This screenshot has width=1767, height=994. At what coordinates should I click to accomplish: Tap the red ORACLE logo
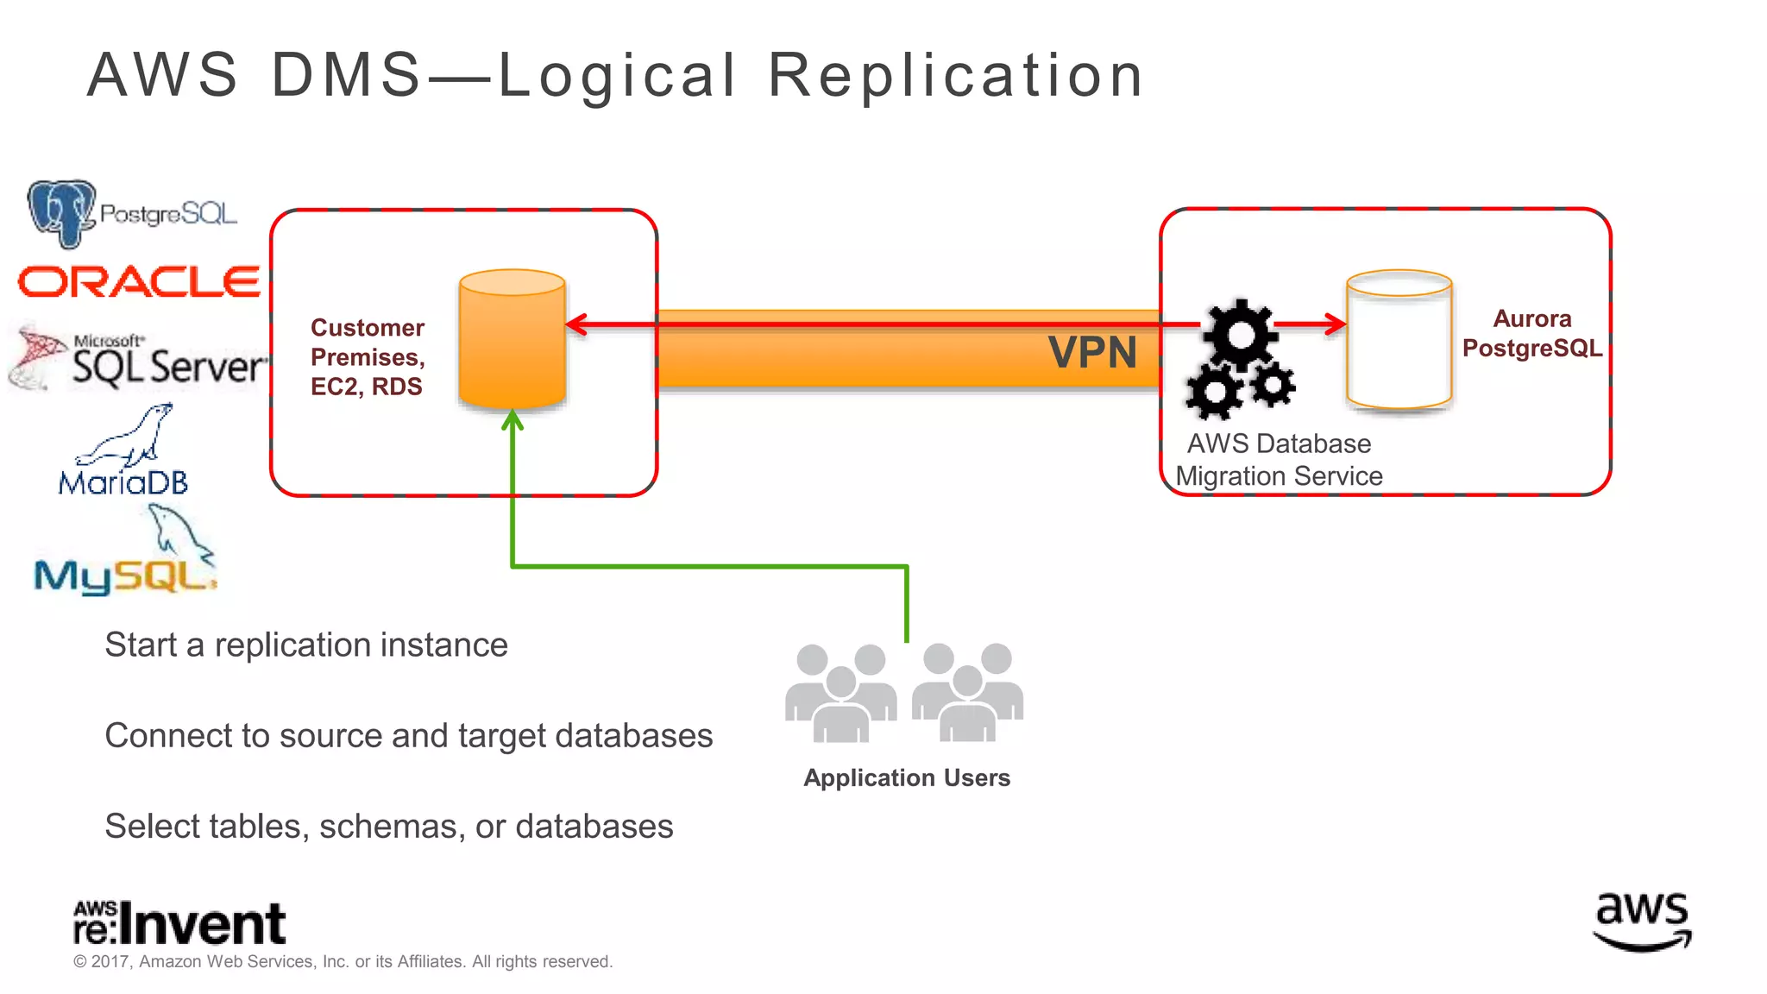click(139, 282)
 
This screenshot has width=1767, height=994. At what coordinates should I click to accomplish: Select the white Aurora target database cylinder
click(1399, 341)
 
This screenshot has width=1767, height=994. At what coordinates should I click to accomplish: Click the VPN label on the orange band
click(1092, 353)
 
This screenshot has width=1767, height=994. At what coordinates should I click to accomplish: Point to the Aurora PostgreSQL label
click(1531, 334)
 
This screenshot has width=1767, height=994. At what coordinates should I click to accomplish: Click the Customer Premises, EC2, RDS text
click(368, 357)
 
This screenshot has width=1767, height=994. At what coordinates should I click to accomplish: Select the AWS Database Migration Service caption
click(1279, 460)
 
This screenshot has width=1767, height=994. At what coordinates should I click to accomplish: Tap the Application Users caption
click(907, 777)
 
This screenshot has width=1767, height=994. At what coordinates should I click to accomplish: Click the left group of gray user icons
click(840, 693)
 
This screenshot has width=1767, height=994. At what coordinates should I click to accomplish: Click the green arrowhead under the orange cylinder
click(512, 420)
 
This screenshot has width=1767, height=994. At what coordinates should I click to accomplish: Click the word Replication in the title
click(955, 75)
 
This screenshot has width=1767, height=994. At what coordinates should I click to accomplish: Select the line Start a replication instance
click(306, 645)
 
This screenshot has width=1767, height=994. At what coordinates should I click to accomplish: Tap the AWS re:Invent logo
click(179, 923)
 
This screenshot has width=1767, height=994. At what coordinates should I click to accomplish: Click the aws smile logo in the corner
click(1642, 922)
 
